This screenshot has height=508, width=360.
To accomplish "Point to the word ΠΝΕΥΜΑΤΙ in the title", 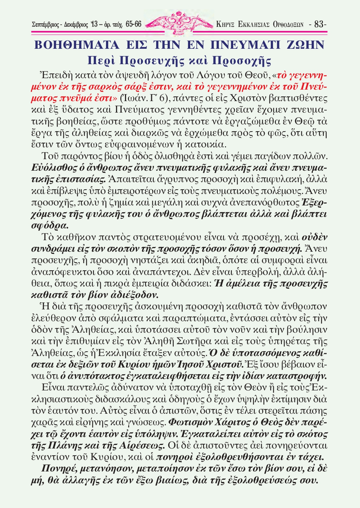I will point(246,45).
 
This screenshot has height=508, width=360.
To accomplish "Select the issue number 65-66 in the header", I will point(134,24).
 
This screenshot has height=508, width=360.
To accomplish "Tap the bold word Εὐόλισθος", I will point(54,168).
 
